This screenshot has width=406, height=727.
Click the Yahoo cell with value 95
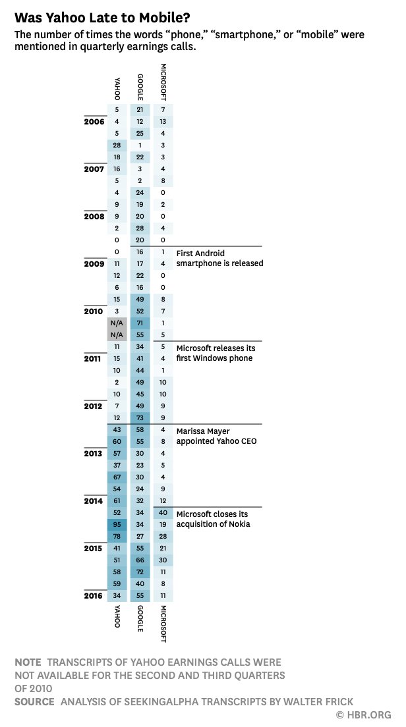pyautogui.click(x=117, y=524)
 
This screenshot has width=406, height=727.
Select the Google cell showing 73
pyautogui.click(x=140, y=417)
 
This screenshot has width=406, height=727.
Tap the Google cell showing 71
pyautogui.click(x=140, y=323)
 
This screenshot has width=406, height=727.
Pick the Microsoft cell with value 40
pyautogui.click(x=163, y=512)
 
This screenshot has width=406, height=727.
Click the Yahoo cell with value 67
pyautogui.click(x=117, y=477)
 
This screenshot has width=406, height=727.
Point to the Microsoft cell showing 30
pyautogui.click(x=163, y=560)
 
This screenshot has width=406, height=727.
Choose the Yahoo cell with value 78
pyautogui.click(x=117, y=536)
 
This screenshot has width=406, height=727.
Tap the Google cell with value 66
pyautogui.click(x=140, y=560)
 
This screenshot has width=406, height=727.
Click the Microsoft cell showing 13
pyautogui.click(x=163, y=121)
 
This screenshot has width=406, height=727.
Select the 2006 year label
pyautogui.click(x=94, y=121)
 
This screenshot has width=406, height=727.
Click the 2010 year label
pyautogui.click(x=94, y=311)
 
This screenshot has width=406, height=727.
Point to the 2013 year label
pyautogui.click(x=94, y=453)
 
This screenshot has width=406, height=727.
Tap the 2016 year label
pyautogui.click(x=94, y=595)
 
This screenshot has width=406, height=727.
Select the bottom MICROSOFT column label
pyautogui.click(x=163, y=624)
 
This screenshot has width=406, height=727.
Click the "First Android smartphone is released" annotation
pyautogui.click(x=219, y=257)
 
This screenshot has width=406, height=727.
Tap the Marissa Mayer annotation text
pyautogui.click(x=216, y=435)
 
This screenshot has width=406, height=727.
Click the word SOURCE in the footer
pyautogui.click(x=34, y=702)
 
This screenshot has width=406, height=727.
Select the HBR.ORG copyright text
pyautogui.click(x=364, y=714)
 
